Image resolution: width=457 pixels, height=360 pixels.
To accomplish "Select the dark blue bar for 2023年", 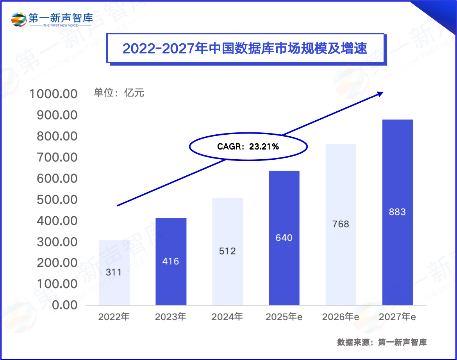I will coord(171,261).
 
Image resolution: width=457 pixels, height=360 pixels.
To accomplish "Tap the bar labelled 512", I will coord(227,251).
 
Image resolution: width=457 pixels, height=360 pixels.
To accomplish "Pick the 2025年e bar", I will coord(284,238).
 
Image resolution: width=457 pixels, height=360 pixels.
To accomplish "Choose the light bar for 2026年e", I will coord(341,225).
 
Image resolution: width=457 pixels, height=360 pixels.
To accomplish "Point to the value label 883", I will coord(397,212).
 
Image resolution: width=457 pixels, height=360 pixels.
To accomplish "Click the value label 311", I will coord(114,272).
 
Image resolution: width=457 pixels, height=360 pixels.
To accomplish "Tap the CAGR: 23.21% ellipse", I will coord(248,147).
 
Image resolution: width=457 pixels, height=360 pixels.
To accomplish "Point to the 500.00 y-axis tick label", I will coord(57,200).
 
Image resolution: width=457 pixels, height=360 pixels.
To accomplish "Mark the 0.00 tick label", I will coord(62,305).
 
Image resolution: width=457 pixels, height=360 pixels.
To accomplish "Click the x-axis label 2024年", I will coord(227,317).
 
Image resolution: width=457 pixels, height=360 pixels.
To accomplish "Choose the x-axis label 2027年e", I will coord(397,317).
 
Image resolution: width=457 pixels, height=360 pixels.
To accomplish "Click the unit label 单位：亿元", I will coord(119,93).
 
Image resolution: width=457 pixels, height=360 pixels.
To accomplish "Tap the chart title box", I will coord(245,48).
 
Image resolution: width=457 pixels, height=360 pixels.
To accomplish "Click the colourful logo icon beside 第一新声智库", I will coord(19,19).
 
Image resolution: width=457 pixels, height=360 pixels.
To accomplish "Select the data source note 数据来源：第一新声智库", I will coord(382,342).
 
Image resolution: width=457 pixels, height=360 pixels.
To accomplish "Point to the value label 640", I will coord(284,238).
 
